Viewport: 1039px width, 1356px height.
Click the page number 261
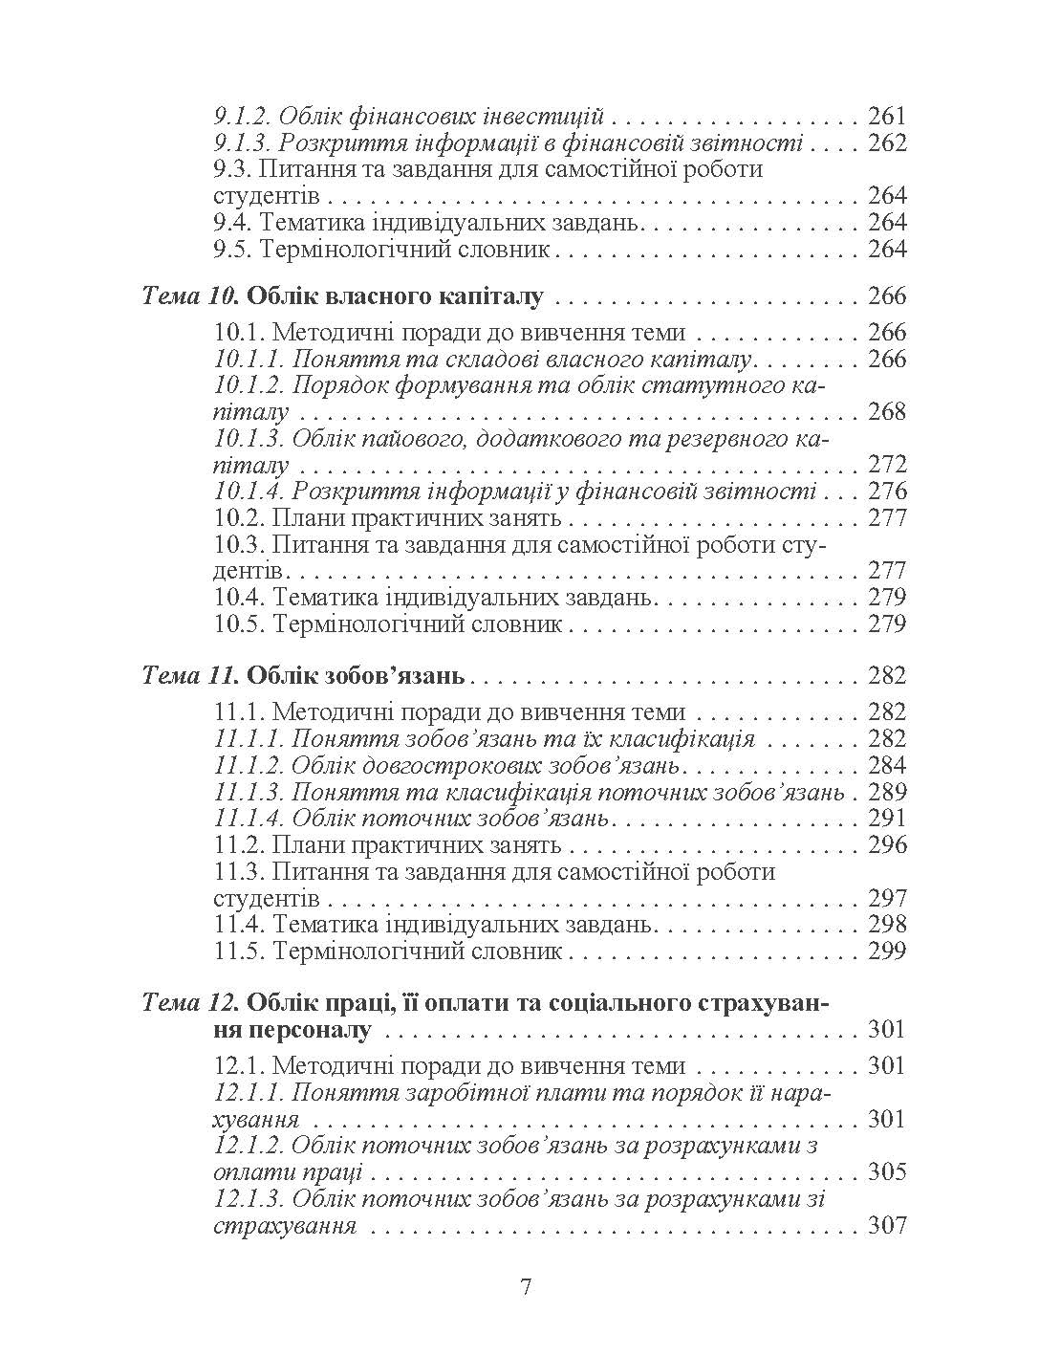(886, 117)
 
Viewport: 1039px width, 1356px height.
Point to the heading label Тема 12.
(190, 1002)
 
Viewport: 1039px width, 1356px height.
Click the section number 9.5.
(232, 250)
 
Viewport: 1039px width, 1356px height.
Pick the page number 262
(886, 143)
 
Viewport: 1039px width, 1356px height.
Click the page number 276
(886, 492)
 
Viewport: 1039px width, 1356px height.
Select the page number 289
(886, 792)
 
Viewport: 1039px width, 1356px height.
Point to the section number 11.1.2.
(249, 765)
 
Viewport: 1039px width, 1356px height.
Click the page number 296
(886, 845)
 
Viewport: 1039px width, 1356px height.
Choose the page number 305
(886, 1172)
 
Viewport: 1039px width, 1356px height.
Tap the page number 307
(886, 1226)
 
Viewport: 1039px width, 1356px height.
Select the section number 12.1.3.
(249, 1199)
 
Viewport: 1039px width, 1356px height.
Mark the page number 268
(886, 412)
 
